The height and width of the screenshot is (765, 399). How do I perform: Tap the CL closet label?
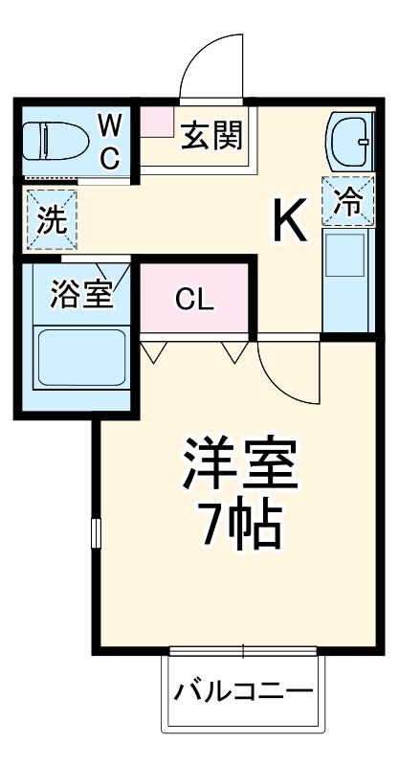click(x=194, y=301)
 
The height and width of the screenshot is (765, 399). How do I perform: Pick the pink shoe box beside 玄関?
click(x=156, y=121)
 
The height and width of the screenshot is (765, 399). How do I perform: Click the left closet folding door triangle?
click(x=154, y=351)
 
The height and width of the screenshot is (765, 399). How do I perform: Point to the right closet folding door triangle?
click(x=235, y=351)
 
